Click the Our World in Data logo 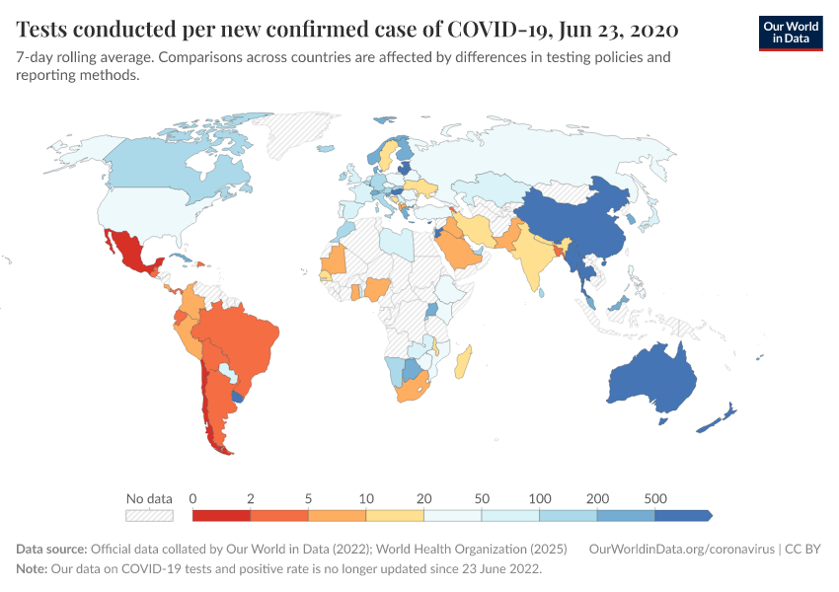click(x=791, y=32)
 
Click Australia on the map click(x=652, y=380)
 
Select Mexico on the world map click(x=129, y=253)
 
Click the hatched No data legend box click(x=149, y=515)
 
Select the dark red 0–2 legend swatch click(x=221, y=515)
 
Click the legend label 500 click(x=653, y=498)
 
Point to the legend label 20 click(x=423, y=498)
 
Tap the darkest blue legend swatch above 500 click(x=682, y=515)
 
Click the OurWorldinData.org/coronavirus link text click(x=678, y=550)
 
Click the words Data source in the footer click(x=51, y=550)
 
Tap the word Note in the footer click(x=33, y=569)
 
